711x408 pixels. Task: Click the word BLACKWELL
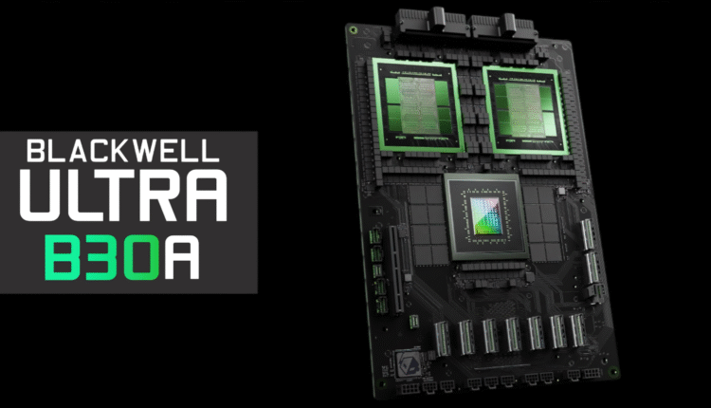pos(123,151)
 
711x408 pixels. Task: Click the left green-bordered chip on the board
pos(417,106)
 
